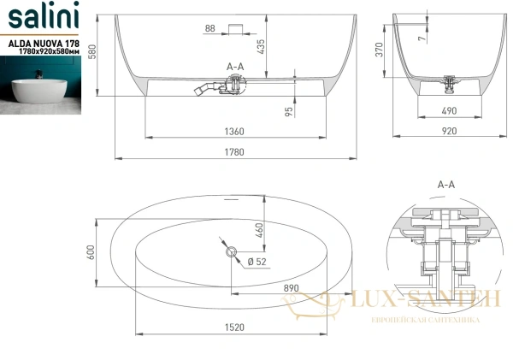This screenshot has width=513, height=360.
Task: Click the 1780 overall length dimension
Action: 236,152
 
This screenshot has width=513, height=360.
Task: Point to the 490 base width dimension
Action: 449,110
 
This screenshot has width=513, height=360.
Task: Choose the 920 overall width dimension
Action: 449,132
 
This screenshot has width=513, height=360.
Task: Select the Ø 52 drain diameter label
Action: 254,261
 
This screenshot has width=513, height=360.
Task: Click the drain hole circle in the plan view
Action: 230,252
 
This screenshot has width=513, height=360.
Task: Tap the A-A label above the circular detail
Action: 445,184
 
